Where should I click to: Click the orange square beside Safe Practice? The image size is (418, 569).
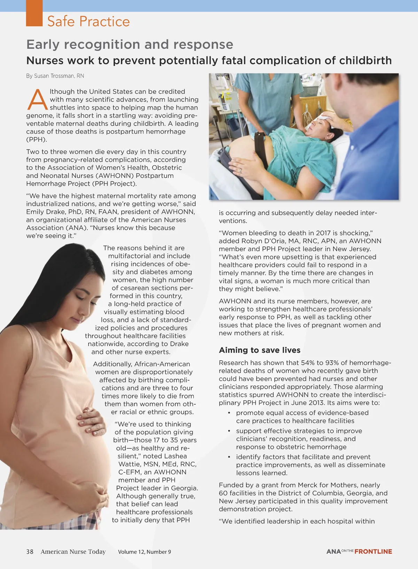(x=34, y=13)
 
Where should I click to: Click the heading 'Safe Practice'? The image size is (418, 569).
(x=88, y=21)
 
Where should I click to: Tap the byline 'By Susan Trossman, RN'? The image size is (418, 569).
(x=55, y=76)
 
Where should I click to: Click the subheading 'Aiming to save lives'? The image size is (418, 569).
(x=260, y=350)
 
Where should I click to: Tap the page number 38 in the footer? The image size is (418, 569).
(x=30, y=552)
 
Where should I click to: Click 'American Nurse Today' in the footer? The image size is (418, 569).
(x=73, y=552)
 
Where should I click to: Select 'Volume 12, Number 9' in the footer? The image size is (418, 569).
(x=145, y=552)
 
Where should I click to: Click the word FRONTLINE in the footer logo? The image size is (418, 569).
(x=373, y=552)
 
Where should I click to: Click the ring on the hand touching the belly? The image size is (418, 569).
(x=240, y=170)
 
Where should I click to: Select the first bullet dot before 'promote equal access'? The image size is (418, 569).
(x=229, y=413)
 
